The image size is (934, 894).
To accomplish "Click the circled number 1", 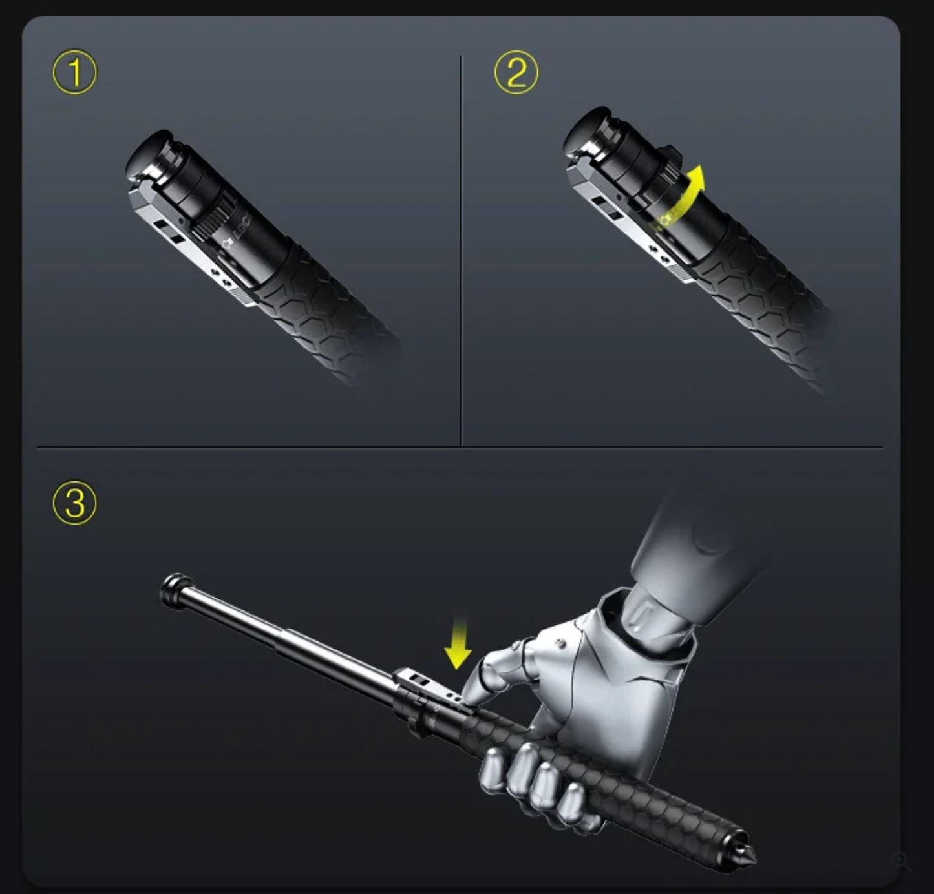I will [74, 73].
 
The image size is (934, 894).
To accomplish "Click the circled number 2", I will [516, 73].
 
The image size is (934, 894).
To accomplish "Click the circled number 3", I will [74, 503].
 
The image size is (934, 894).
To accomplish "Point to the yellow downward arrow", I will [458, 643].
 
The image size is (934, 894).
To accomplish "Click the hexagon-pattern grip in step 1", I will [323, 310].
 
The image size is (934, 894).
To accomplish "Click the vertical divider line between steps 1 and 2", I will [461, 252].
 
